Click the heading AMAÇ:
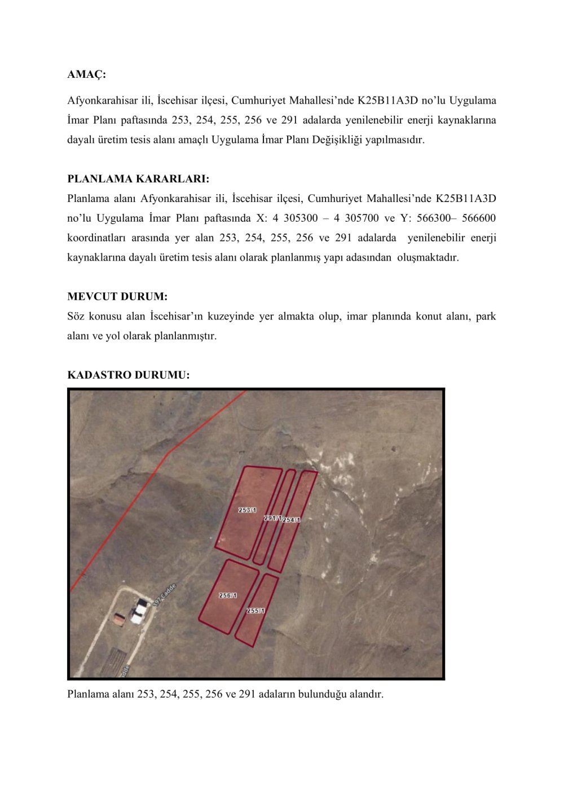point(86,74)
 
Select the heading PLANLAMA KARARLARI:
point(138,179)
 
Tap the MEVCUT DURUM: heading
point(117,296)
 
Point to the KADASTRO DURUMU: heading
point(129,375)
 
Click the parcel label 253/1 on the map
point(247,510)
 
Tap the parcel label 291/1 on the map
point(272,518)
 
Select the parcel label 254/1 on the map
point(291,520)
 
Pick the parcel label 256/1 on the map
point(228,595)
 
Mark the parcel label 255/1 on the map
point(255,611)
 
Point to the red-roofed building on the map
point(119,619)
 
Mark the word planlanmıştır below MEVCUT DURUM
point(186,336)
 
